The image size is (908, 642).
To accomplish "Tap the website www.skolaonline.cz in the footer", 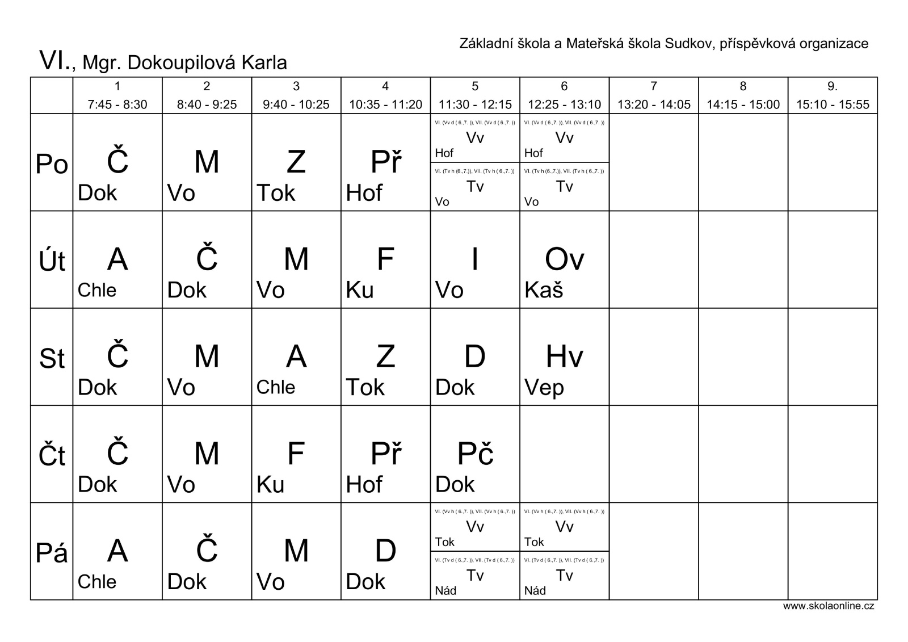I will coord(829,606).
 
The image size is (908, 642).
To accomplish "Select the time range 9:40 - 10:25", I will coord(296,104).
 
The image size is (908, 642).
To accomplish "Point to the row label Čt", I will coord(52,456).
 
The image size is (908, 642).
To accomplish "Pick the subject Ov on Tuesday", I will coord(564,259).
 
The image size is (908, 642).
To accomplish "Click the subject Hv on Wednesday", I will coord(564,356).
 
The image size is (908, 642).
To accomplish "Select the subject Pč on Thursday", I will coord(475,454).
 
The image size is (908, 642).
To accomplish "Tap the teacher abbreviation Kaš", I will coord(544,291).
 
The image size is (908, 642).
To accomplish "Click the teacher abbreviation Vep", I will coord(544,388).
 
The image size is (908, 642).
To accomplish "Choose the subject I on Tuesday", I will coord(474,259).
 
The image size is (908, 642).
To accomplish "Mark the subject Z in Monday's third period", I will coord(296,162).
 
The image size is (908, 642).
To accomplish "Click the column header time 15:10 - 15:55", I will coord(833,104).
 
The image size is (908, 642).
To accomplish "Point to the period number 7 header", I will coord(654,86).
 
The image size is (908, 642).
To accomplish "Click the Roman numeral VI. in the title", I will coord(54,60).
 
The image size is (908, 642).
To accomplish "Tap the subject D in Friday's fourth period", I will coord(385,551).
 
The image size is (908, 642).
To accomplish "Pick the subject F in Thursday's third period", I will coord(296,454).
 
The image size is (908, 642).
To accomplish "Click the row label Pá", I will coord(52,553).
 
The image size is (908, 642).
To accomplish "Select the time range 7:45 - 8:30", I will coord(117,104).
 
